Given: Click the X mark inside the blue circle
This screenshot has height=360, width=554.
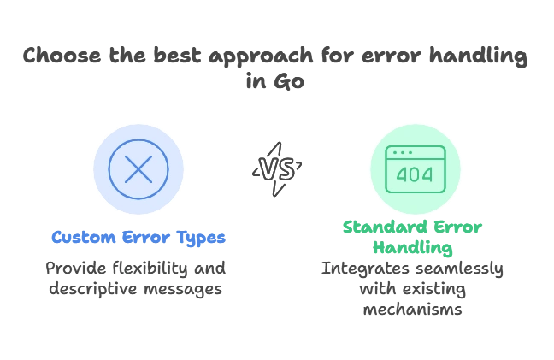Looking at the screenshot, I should pos(138,168).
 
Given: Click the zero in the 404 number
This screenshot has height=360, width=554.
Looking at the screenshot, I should pos(415,175).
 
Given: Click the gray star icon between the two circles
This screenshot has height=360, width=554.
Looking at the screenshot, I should pos(277,168).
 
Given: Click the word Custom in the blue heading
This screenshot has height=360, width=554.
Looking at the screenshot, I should pos(78,238).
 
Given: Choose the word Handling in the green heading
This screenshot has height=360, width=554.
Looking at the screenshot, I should pos(415,248).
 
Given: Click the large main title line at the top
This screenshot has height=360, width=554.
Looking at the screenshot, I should pos(277,57).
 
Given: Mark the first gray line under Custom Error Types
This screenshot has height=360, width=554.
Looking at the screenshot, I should pos(134,269).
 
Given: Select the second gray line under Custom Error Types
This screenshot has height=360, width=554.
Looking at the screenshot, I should pos(134,290).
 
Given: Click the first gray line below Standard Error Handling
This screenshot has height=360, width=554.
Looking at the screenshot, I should pos(415,271).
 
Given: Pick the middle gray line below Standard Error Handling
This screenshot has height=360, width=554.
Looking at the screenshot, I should pos(415,292).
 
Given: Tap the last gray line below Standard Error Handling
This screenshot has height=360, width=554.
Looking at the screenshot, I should pos(415,311).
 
